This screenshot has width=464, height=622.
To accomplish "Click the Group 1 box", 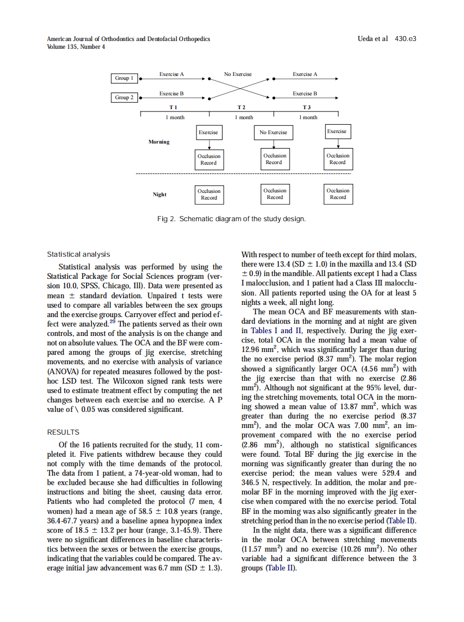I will tap(123, 78).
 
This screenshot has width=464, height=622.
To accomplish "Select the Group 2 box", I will tap(123, 98).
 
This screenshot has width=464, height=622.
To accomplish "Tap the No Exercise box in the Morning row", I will tap(273, 132).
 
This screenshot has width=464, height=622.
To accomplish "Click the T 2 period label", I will tap(241, 107).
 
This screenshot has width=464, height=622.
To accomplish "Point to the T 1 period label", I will tap(173, 107).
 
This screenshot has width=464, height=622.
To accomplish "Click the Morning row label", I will tap(159, 142).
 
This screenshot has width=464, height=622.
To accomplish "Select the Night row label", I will tap(159, 195).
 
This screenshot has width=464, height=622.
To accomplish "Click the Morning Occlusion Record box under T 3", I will tap(338, 159).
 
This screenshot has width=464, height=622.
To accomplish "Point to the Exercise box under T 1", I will tap(208, 132).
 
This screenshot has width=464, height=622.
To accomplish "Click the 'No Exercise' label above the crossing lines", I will tap(238, 74).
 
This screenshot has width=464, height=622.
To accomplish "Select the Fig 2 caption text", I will tap(231, 219).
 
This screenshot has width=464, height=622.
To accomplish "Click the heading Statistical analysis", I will tap(78, 254).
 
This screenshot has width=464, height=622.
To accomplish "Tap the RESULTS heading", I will tap(63, 432).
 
